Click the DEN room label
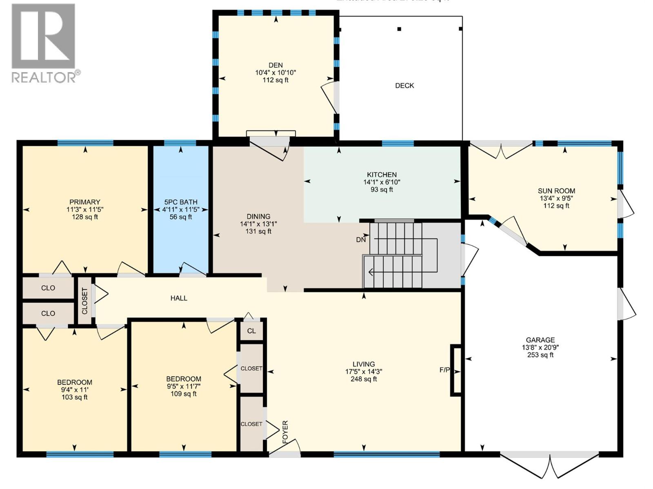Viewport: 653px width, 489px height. click(275, 65)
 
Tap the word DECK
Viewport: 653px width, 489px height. click(404, 86)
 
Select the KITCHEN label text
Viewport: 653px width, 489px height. click(382, 174)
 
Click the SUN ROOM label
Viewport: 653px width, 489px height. click(556, 191)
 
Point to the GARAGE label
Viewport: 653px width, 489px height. click(540, 340)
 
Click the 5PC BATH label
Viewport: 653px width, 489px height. click(181, 202)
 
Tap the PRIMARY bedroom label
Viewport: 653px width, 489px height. click(84, 202)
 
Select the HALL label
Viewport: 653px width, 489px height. click(179, 298)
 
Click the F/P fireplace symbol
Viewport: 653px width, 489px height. click(456, 370)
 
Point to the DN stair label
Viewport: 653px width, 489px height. click(361, 240)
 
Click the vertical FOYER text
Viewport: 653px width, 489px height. click(285, 432)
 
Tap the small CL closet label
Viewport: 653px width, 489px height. click(251, 331)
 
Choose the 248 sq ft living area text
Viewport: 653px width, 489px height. click(364, 379)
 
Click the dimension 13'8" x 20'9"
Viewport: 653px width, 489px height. click(540, 348)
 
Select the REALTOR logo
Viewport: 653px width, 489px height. click(44, 43)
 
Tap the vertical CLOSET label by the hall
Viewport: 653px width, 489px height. click(84, 301)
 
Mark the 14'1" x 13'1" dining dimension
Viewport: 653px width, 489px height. click(258, 224)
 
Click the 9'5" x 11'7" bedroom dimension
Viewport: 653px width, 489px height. click(184, 386)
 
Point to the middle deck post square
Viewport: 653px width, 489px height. click(400, 29)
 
